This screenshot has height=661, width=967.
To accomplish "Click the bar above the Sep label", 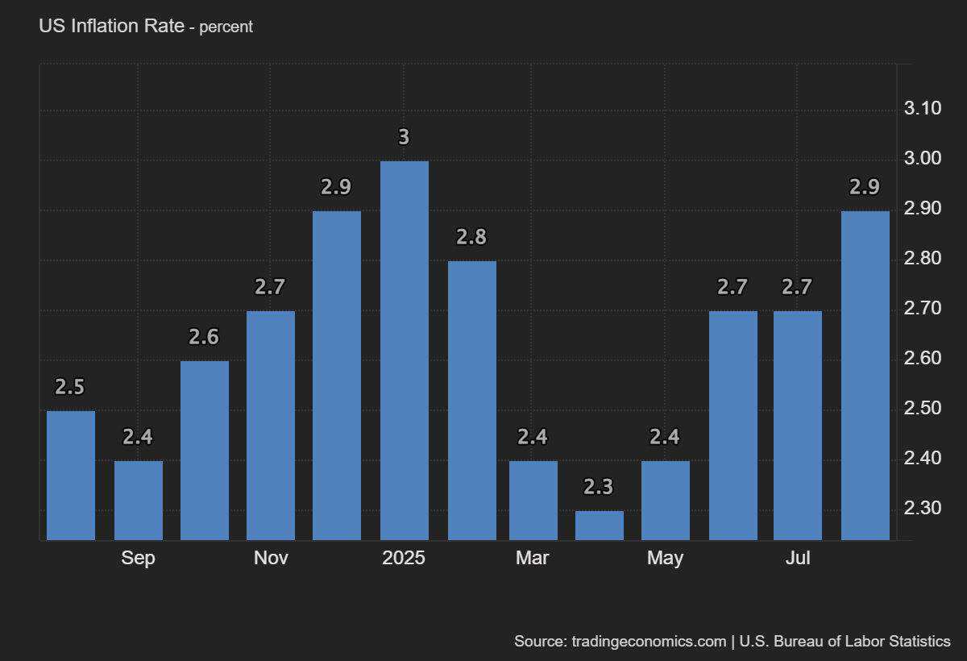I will point(139,500).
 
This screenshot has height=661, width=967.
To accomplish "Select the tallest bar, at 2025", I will point(405,351).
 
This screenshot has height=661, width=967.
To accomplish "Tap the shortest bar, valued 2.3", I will point(600,525).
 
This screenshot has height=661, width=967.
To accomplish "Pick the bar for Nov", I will point(271,425).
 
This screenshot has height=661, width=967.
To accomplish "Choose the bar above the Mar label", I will point(533,500).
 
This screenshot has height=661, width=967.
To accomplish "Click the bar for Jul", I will point(798,425).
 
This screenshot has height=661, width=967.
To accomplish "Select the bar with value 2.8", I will point(472,400).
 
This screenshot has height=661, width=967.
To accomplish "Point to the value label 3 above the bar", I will point(404,138).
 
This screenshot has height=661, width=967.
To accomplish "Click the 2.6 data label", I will point(204,337).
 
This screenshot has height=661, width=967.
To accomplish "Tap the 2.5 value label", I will point(69,387).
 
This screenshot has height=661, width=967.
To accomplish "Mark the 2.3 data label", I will point(599,487).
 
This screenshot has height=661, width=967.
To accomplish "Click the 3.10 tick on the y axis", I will point(923,109).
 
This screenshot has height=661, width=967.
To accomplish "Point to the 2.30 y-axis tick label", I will point(923,509).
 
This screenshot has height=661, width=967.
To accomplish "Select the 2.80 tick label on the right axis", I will point(923,259).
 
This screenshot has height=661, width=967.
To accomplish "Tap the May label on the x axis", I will point(665,558).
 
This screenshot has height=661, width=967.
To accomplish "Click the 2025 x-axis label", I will point(404,558).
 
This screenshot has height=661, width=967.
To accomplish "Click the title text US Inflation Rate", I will point(110,26).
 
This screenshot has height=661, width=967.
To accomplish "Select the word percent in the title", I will point(226,27).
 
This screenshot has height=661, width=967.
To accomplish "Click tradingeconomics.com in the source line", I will point(649,642).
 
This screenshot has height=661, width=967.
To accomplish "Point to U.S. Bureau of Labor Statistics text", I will point(845,642).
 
